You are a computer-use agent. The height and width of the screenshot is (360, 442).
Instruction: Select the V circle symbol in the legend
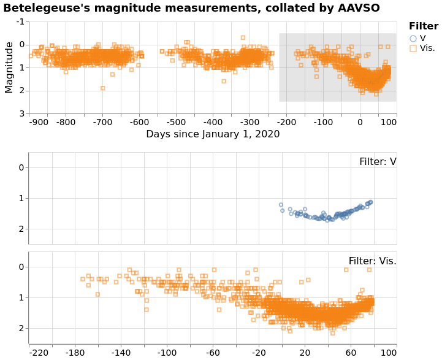coord(413,38)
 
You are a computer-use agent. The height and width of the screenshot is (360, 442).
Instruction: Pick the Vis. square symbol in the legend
coord(413,48)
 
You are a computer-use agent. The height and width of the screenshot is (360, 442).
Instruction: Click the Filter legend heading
coord(424,26)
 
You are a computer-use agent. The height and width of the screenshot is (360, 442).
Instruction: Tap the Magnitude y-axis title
coord(9,67)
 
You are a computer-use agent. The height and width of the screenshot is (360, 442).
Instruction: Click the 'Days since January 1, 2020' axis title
coord(213,134)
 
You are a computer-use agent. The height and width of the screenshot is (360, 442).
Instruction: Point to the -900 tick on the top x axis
coord(39,121)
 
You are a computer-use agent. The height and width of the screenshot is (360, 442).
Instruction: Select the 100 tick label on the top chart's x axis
coord(388,121)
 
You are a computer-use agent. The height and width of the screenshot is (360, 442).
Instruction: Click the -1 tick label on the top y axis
coord(21,21)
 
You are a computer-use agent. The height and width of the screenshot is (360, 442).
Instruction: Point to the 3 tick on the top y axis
coord(22,114)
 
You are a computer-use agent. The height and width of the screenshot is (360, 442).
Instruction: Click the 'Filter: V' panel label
coord(378,162)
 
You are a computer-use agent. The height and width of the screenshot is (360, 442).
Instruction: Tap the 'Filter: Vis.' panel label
coord(372,261)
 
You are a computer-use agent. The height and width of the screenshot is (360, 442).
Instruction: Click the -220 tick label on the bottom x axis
coord(39,353)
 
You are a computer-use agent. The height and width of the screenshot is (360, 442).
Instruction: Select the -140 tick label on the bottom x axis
coord(121,353)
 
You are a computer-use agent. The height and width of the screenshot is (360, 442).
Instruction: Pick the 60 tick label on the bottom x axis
coord(351,353)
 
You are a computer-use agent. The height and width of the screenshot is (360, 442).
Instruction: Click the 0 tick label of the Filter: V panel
coord(21,167)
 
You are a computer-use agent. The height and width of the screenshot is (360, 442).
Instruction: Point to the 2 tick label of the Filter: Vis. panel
coord(21,329)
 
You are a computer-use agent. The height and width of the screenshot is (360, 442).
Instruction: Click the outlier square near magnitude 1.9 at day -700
coord(102,88)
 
